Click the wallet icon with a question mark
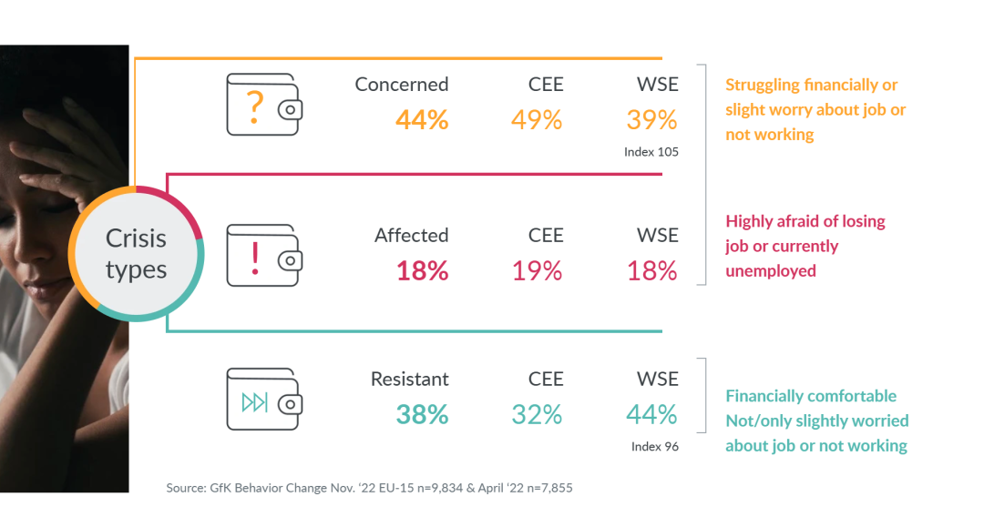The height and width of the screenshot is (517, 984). pos(263,104)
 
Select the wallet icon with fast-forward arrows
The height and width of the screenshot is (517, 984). pos(263,399)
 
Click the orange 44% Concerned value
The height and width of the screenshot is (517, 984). pos(422,119)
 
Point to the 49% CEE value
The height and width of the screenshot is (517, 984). pos(537,119)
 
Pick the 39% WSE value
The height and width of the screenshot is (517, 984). pos(651,119)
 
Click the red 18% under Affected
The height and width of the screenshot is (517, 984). pos(422,270)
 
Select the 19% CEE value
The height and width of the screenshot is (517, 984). pos(537,270)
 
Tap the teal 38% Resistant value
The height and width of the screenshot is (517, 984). pos(422,414)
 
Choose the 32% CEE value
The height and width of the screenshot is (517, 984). pos(537,414)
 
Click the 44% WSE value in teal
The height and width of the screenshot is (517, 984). pos(651,414)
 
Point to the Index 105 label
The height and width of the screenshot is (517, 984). pos(651,152)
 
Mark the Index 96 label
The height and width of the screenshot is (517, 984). pos(655,447)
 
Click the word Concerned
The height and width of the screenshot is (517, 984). pos(402,84)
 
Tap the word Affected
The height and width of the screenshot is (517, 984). pos(412,235)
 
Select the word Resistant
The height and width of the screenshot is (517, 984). pos(410,379)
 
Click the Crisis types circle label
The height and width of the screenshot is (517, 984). pos(136,254)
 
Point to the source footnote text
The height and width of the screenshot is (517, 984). pos(369,489)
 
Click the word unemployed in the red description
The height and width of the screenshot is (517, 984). pos(771,271)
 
